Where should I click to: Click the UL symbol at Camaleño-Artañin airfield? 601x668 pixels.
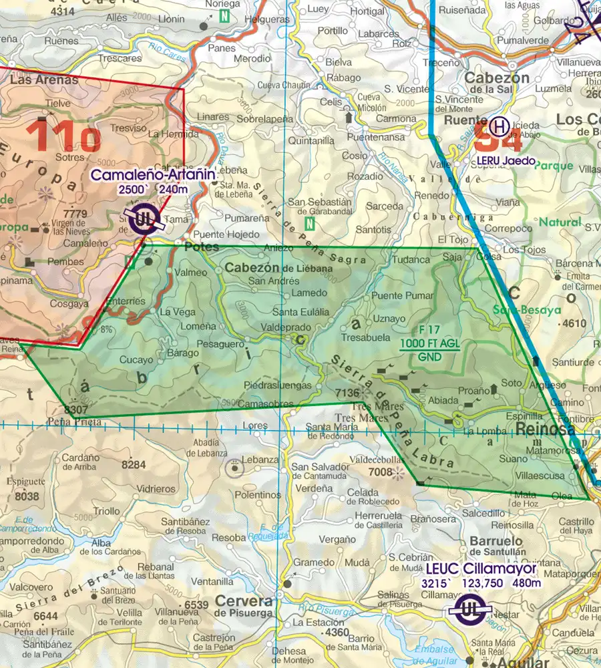pyautogui.click(x=142, y=219)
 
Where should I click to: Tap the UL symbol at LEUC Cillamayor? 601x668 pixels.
pyautogui.click(x=465, y=609)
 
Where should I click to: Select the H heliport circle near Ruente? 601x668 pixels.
pyautogui.click(x=498, y=125)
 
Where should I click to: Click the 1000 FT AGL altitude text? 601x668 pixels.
pyautogui.click(x=429, y=344)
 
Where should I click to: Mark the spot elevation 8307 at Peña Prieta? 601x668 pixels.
pyautogui.click(x=77, y=409)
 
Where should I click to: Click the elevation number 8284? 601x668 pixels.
pyautogui.click(x=134, y=464)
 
